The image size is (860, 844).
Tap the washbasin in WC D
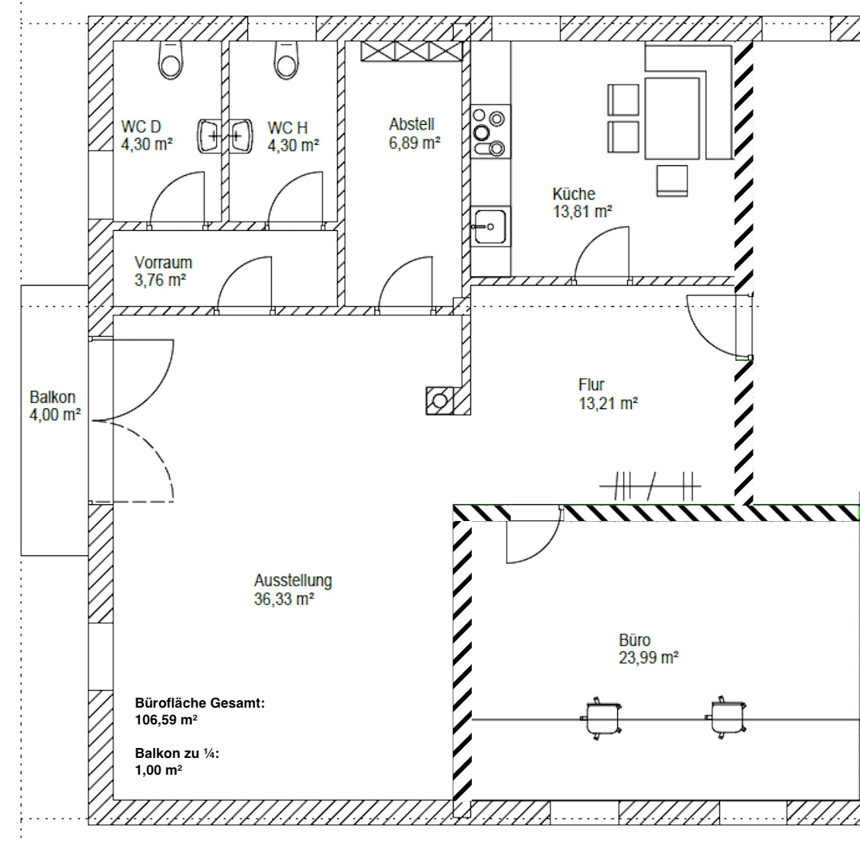click(x=209, y=136)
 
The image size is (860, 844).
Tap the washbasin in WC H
click(x=240, y=136)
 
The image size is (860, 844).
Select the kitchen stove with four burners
click(x=490, y=132)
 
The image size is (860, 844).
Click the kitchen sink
click(x=490, y=226)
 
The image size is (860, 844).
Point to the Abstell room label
click(x=412, y=124)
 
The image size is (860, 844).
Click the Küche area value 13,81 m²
click(x=582, y=212)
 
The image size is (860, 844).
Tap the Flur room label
click(x=591, y=385)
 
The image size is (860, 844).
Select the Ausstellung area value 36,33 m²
click(x=284, y=599)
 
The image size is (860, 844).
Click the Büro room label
click(x=635, y=641)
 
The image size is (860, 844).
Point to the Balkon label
click(x=53, y=397)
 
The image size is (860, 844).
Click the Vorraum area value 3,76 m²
click(x=160, y=280)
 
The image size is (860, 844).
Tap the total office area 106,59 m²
click(x=166, y=720)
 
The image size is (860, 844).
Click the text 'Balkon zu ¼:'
click(x=177, y=753)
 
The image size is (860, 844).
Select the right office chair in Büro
click(x=726, y=718)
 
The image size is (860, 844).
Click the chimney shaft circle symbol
click(x=440, y=401)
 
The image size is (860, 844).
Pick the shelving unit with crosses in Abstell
click(x=411, y=52)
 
